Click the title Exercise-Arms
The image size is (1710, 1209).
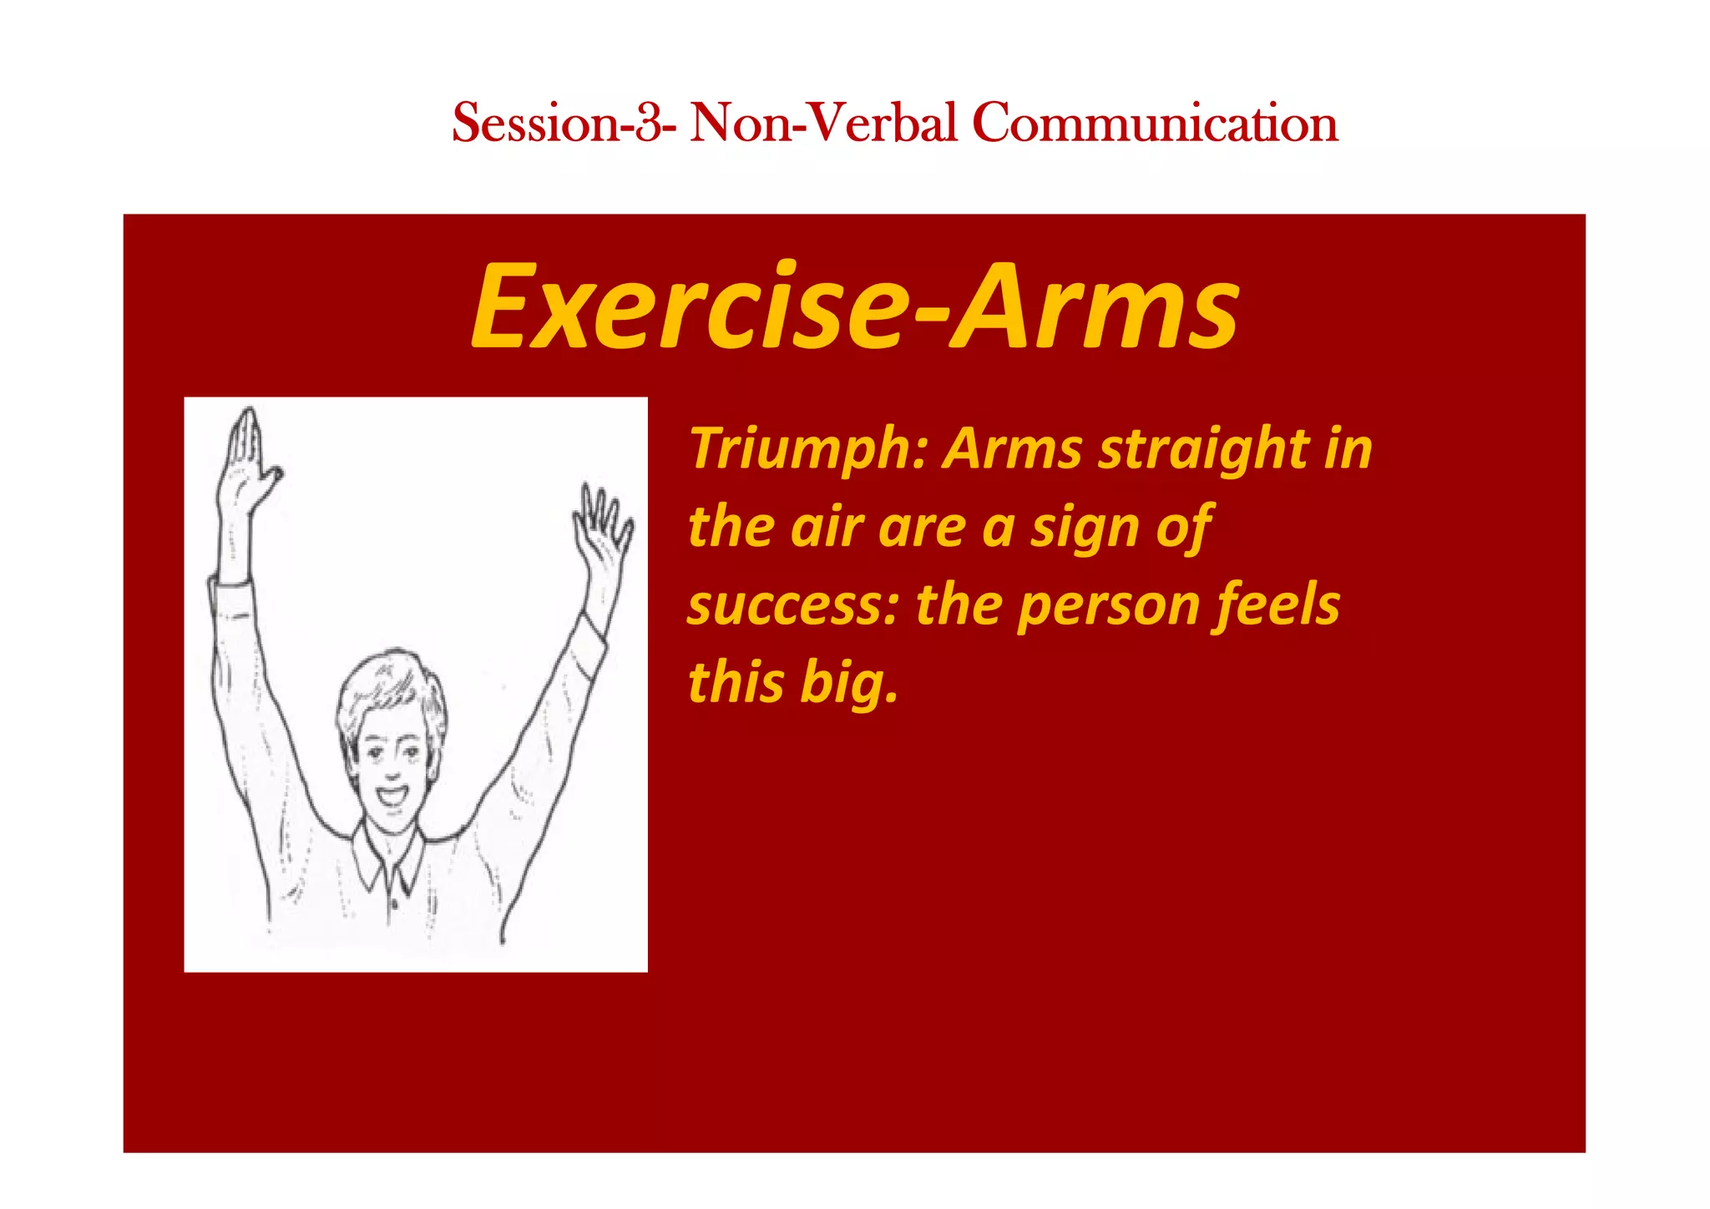(855, 306)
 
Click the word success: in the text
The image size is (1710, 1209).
(792, 605)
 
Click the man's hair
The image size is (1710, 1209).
(388, 685)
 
